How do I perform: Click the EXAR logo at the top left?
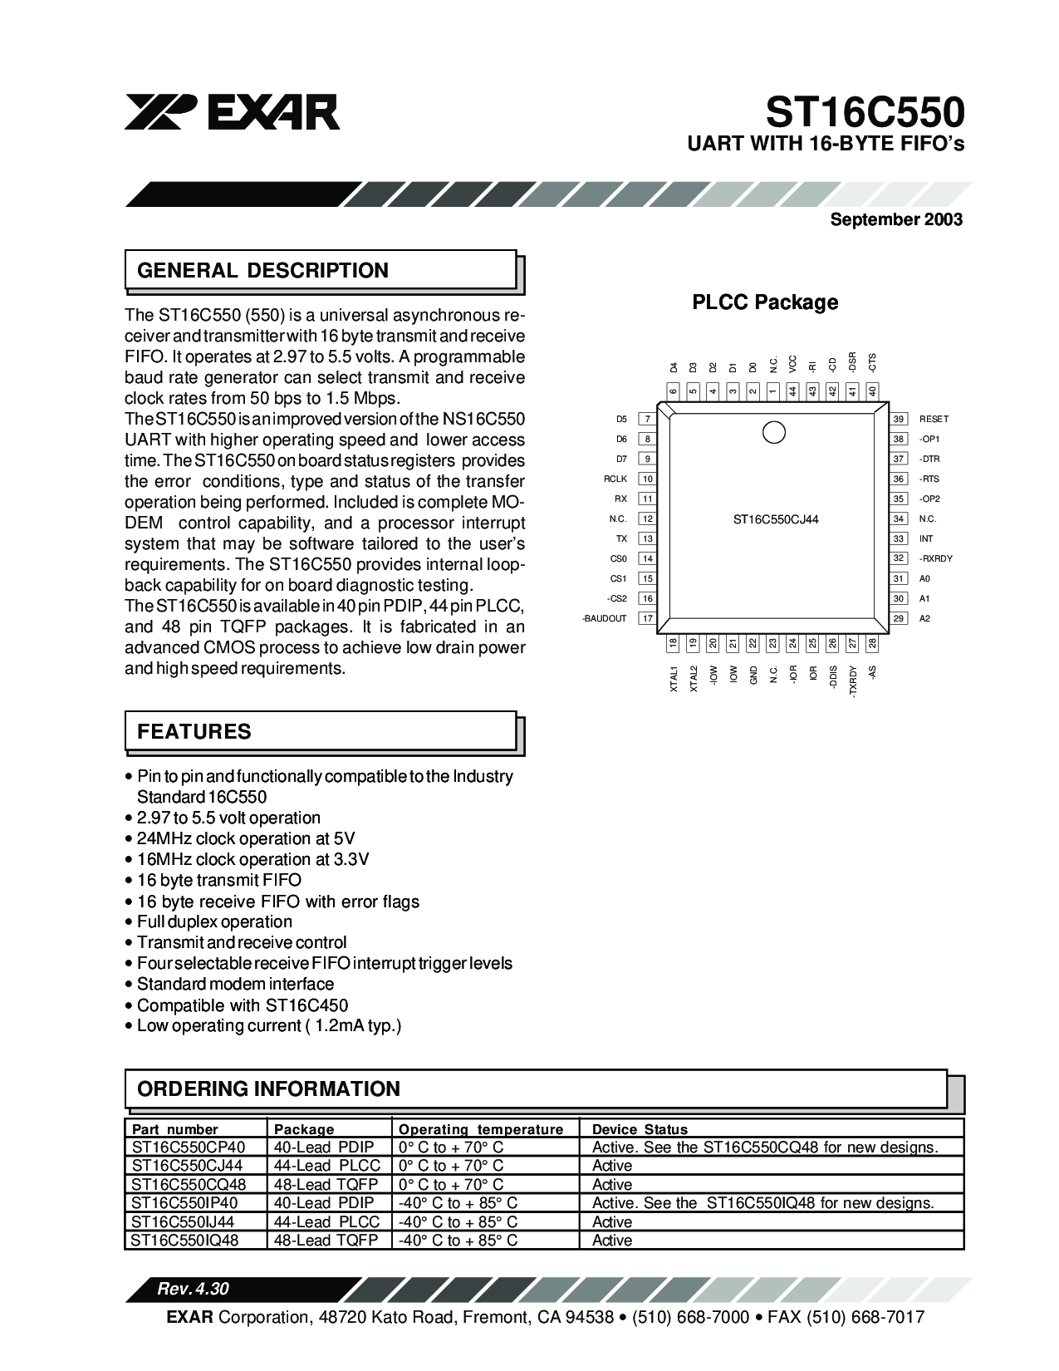pos(232,111)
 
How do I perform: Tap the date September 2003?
pos(896,219)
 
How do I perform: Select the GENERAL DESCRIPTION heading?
pos(262,271)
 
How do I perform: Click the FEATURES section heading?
pos(194,732)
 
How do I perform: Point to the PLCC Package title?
pos(765,302)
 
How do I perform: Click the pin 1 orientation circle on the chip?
pos(773,432)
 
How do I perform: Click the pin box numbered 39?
pos(898,420)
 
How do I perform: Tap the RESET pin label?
pos(934,420)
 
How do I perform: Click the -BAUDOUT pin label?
pos(605,619)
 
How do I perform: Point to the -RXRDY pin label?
pos(935,559)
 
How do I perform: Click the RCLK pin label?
pos(615,479)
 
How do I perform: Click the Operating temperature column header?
pos(481,1129)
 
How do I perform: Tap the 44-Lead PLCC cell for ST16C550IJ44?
pos(327,1222)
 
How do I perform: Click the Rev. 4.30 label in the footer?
pos(193,1290)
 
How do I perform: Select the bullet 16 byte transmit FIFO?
pos(219,881)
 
